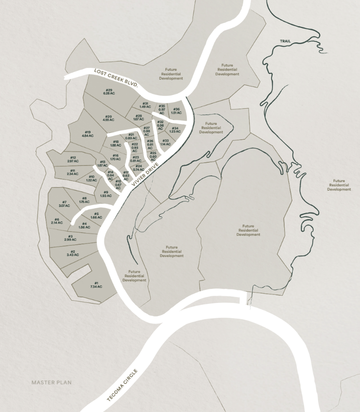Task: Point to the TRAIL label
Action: [286, 41]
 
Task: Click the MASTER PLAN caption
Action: [51, 383]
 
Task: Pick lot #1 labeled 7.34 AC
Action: [96, 284]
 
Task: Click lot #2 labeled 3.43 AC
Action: [72, 253]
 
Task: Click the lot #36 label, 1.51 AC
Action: [176, 111]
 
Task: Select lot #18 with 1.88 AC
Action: [116, 143]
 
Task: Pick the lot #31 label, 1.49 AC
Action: [145, 105]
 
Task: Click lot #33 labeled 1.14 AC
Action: [166, 142]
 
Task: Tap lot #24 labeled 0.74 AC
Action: [139, 168]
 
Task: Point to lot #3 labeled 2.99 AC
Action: [70, 238]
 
